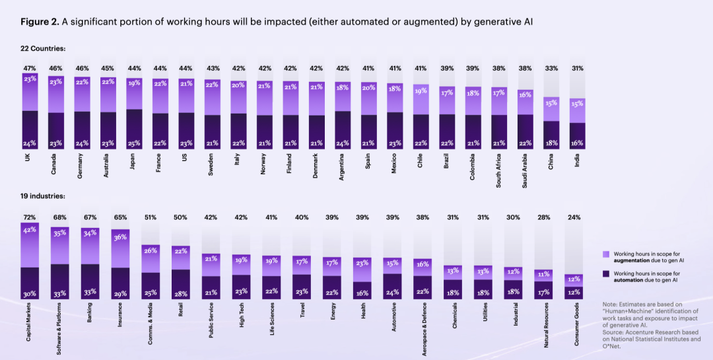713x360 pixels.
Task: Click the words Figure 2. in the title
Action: (40, 22)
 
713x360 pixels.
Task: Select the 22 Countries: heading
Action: (43, 49)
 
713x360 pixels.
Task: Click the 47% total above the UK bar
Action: (30, 69)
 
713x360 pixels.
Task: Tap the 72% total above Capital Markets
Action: (30, 217)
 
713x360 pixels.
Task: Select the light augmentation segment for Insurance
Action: (121, 248)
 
